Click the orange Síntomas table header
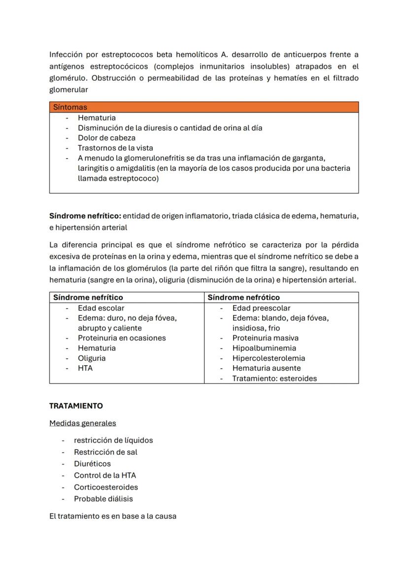[x=204, y=107]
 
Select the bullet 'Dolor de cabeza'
[x=106, y=138]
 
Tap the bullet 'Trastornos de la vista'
[x=115, y=148]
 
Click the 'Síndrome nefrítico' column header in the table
[x=88, y=297]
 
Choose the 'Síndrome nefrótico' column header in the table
[x=243, y=297]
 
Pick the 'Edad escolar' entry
[x=101, y=308]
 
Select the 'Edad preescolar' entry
[x=261, y=308]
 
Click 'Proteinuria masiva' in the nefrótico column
[x=265, y=338]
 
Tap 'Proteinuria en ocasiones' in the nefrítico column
[x=122, y=338]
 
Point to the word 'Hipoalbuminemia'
[x=264, y=348]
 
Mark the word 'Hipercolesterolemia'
[x=269, y=358]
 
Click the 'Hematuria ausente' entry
[x=266, y=368]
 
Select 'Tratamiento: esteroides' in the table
[x=274, y=379]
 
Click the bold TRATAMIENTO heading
[x=76, y=406]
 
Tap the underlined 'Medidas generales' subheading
[x=82, y=423]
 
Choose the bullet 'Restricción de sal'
[x=105, y=452]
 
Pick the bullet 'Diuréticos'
[x=92, y=463]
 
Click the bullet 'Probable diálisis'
[x=103, y=499]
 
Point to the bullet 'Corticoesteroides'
[x=106, y=487]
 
